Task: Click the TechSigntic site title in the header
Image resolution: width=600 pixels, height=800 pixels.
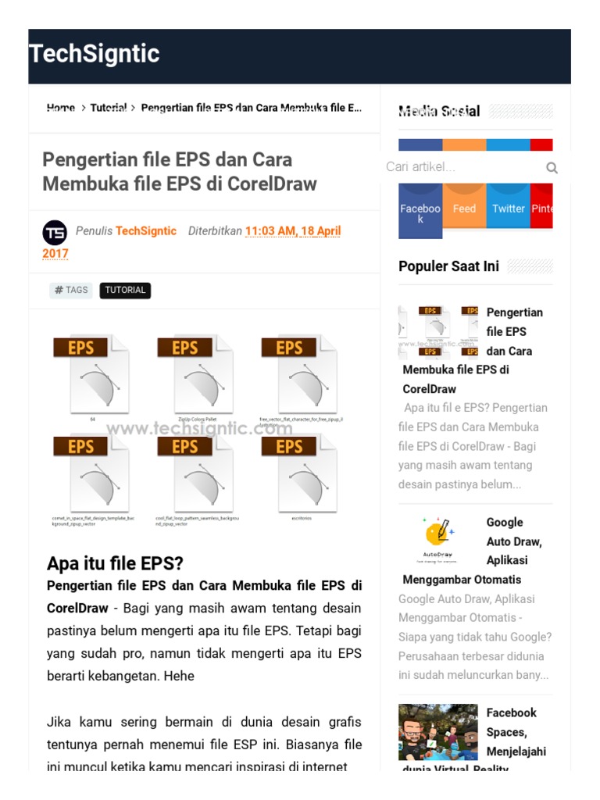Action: pos(95,54)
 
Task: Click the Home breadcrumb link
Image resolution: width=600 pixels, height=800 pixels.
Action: pos(61,108)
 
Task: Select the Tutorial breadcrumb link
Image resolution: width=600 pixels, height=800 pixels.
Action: pos(109,108)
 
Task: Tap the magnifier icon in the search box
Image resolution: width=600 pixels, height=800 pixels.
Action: pos(552,167)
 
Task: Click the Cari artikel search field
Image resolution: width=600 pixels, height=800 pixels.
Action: pos(461,167)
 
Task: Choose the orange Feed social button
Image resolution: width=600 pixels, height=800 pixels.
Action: pos(464,209)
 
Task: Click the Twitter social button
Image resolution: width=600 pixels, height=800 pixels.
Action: pos(508,209)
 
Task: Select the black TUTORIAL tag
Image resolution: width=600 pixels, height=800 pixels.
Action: pos(125,290)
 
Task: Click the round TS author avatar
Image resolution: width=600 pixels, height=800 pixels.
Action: pos(55,232)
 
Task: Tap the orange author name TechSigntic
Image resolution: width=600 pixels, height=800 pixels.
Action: pos(146,231)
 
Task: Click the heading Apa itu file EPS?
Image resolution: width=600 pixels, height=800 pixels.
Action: pos(115,563)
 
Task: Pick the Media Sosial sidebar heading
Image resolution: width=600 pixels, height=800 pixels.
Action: pos(439,111)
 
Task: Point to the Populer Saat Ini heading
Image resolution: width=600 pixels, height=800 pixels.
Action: pos(448,266)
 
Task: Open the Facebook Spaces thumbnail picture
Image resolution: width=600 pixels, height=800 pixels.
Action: pos(437,732)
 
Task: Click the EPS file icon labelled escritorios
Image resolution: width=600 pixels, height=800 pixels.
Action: pos(300,474)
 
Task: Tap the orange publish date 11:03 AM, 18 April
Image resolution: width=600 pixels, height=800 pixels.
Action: pos(293,231)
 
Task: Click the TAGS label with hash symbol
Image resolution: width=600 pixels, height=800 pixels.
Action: pos(71,290)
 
